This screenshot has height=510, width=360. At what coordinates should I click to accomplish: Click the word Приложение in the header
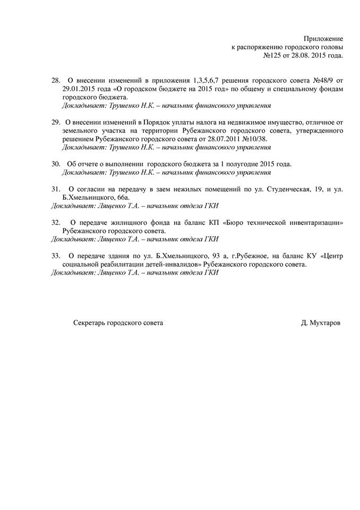click(x=323, y=39)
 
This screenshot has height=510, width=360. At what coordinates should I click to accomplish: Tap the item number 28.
click(x=56, y=80)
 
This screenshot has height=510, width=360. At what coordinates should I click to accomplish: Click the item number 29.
click(x=56, y=122)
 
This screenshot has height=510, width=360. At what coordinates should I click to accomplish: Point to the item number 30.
click(x=56, y=164)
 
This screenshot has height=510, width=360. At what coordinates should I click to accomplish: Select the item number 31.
click(x=56, y=189)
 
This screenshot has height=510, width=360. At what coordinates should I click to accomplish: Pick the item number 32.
click(x=56, y=223)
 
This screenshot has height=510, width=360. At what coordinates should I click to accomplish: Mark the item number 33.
click(x=56, y=256)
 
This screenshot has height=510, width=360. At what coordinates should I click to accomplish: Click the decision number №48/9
click(x=321, y=80)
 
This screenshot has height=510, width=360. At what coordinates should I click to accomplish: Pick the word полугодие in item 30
click(x=239, y=164)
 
